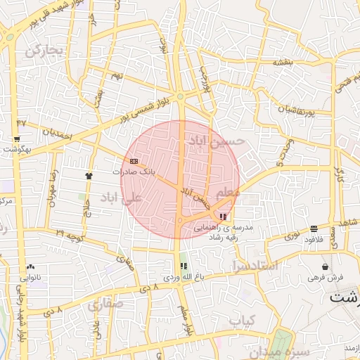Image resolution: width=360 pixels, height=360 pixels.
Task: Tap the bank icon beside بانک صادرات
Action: pos(134,162)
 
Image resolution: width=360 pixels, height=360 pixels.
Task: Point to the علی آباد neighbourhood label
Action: pos(122,198)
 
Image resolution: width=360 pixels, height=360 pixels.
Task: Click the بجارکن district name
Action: pos(44,51)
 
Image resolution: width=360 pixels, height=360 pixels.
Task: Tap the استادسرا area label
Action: pos(254,265)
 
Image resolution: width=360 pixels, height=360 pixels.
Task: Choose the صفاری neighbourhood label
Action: pos(105,304)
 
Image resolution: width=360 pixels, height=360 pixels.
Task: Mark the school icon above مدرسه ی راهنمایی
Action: pos(223,217)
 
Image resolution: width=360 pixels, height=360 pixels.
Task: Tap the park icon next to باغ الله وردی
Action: pos(184,266)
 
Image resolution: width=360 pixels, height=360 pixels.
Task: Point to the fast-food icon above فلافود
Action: pos(314,229)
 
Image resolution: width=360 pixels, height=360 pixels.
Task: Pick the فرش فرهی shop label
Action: pos(324,277)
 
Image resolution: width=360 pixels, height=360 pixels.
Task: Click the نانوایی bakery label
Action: pos(31,277)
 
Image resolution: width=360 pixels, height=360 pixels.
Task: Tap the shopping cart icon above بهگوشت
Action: pos(17,139)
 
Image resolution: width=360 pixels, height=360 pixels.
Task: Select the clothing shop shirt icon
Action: pos(89,176)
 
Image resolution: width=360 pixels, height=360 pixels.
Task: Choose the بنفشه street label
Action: pos(283,63)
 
